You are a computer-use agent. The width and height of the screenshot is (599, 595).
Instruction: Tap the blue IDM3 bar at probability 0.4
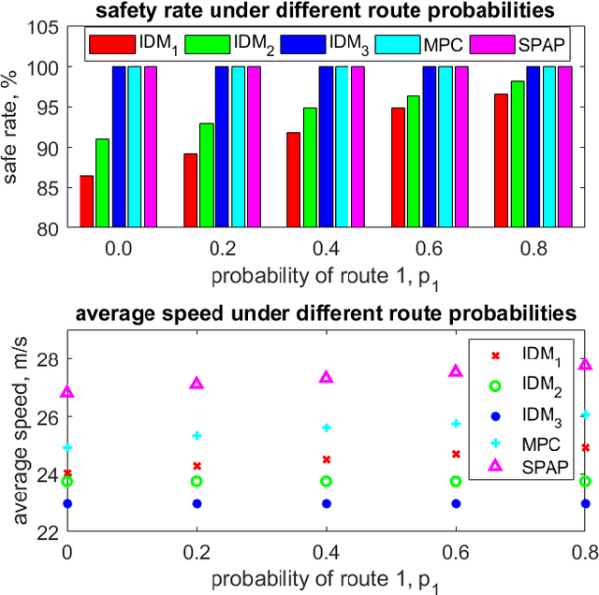coord(326,147)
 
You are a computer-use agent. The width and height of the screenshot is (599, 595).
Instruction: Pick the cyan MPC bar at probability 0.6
coord(446,147)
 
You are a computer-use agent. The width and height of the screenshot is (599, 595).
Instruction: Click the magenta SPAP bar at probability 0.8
coord(564,147)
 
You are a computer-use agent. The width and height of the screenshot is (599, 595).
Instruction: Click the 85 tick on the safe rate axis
coord(46,188)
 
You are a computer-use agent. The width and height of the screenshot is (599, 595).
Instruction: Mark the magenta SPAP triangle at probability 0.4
coord(327,377)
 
